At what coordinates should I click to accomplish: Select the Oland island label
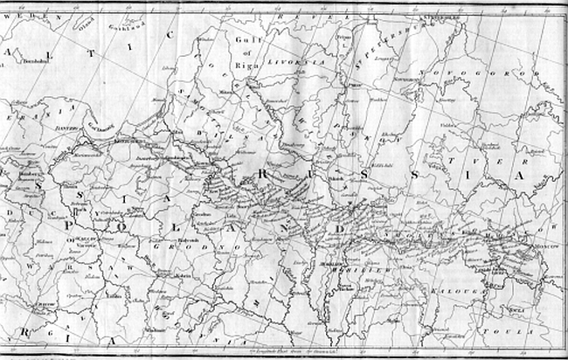coord(86,26)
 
